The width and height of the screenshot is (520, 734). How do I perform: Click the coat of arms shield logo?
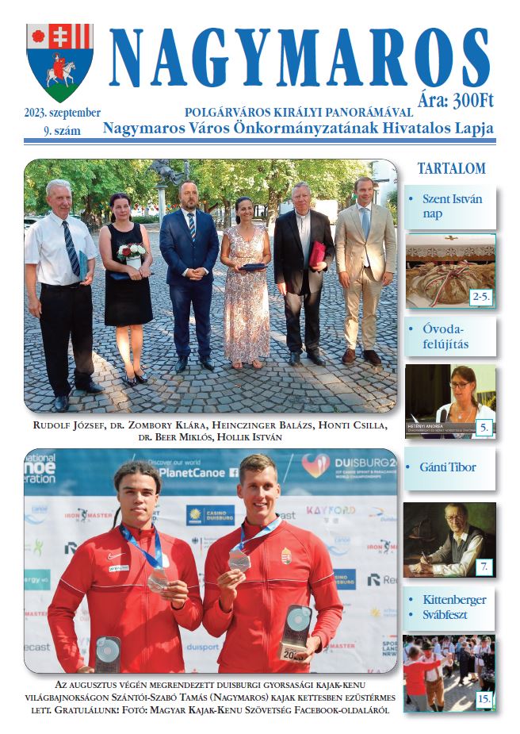[x=59, y=62]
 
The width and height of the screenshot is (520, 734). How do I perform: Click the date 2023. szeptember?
[x=62, y=113]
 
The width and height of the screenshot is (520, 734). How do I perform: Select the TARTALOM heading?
[x=451, y=168]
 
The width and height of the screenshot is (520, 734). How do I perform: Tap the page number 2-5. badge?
[x=480, y=298]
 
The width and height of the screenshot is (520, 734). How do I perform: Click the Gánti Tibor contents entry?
[x=448, y=467]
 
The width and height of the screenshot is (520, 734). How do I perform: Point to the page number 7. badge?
[x=484, y=566]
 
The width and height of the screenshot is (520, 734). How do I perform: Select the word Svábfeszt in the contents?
[x=450, y=616]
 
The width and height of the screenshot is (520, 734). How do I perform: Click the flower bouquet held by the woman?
[x=132, y=253]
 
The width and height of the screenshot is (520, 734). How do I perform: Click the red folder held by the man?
[x=317, y=253]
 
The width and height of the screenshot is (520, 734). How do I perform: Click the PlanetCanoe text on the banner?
[x=193, y=471]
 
